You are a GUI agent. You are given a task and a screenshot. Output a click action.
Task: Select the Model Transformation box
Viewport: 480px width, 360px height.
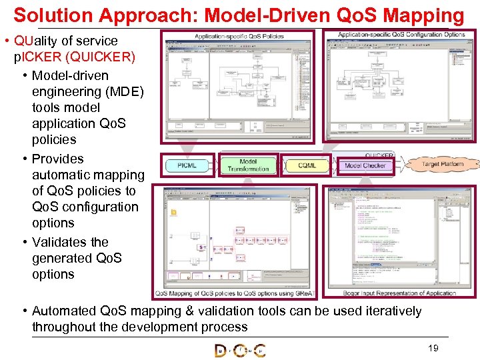pyautogui.click(x=248, y=165)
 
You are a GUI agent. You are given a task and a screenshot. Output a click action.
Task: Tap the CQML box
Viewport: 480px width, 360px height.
pyautogui.click(x=307, y=165)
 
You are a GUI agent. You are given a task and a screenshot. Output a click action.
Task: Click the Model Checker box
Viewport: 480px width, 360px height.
pyautogui.click(x=365, y=165)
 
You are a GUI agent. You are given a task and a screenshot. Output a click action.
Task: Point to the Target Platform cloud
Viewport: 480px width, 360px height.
pyautogui.click(x=442, y=163)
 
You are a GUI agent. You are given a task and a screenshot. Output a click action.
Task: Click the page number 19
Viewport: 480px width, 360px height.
pyautogui.click(x=433, y=348)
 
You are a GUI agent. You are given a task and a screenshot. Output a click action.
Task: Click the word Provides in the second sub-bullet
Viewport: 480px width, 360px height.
pyautogui.click(x=58, y=159)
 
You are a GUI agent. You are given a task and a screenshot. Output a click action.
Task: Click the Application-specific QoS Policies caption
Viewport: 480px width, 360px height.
pyautogui.click(x=239, y=36)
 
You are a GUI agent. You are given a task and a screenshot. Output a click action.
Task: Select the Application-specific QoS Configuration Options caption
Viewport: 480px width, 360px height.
pyautogui.click(x=401, y=35)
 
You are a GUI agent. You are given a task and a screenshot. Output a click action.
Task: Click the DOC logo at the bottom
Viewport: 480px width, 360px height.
pyautogui.click(x=240, y=350)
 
